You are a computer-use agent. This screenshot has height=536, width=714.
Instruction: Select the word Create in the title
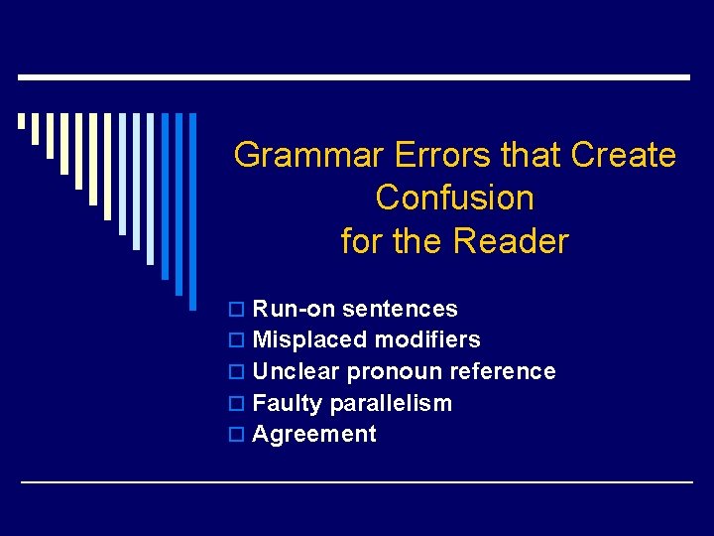pyautogui.click(x=624, y=156)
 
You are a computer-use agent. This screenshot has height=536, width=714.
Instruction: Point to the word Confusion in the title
pyautogui.click(x=455, y=199)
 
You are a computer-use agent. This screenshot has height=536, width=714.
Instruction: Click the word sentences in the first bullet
pyautogui.click(x=400, y=309)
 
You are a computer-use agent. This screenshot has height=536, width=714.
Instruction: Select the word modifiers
pyautogui.click(x=427, y=340)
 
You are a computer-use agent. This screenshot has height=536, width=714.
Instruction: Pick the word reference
pyautogui.click(x=503, y=371)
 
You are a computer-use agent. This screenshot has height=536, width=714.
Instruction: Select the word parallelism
pyautogui.click(x=391, y=404)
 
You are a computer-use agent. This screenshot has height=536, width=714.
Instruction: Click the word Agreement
pyautogui.click(x=314, y=435)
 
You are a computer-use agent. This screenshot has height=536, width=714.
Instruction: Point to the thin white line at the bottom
pyautogui.click(x=357, y=481)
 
